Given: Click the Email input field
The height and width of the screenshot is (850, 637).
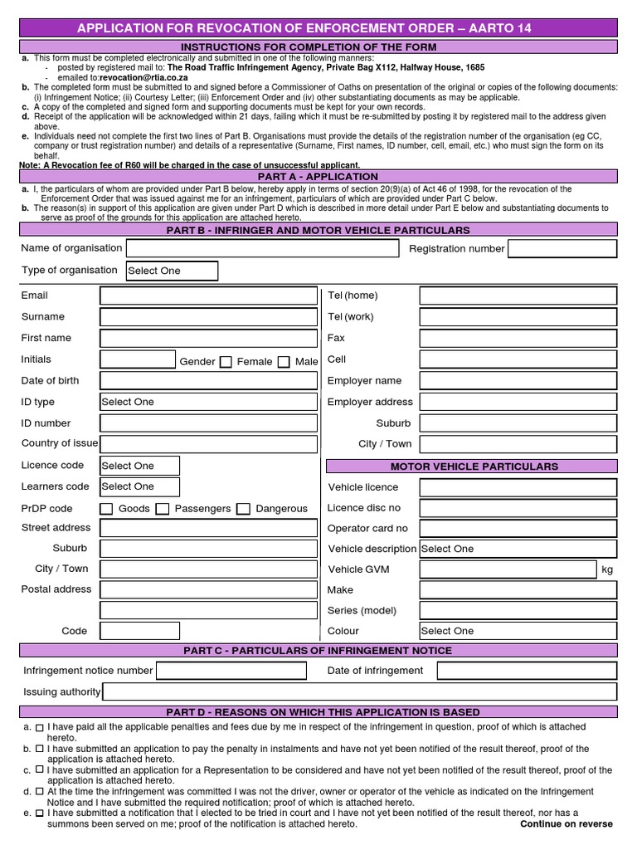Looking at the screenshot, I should pyautogui.click(x=208, y=296).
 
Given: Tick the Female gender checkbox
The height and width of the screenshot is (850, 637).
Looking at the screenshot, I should pyautogui.click(x=226, y=362).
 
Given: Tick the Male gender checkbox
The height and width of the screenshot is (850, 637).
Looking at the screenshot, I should pyautogui.click(x=284, y=362).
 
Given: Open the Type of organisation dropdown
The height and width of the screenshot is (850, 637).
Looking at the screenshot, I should pyautogui.click(x=172, y=271).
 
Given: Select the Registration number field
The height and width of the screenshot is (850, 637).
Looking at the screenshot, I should pyautogui.click(x=562, y=249).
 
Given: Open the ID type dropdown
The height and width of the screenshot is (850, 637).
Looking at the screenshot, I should pyautogui.click(x=208, y=402).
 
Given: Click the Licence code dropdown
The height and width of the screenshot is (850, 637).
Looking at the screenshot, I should pyautogui.click(x=139, y=466).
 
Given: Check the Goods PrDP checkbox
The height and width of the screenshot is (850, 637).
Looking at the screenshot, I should pyautogui.click(x=106, y=509).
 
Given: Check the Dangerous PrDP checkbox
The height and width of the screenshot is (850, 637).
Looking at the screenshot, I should pyautogui.click(x=243, y=509).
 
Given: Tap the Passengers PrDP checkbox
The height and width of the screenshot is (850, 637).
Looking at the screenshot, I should pyautogui.click(x=163, y=509).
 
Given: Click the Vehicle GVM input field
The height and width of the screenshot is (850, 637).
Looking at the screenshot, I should pyautogui.click(x=508, y=569).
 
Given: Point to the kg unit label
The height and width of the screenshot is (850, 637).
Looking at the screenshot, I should pyautogui.click(x=607, y=570).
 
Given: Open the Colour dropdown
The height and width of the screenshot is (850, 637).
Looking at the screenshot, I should pyautogui.click(x=518, y=631).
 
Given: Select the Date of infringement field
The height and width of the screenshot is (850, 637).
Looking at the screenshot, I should pyautogui.click(x=527, y=671).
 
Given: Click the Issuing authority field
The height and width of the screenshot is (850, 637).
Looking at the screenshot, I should pyautogui.click(x=359, y=692).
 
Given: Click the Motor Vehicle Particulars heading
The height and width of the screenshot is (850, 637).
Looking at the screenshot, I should pyautogui.click(x=474, y=467).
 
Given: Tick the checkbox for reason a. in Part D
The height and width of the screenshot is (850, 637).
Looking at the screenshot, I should pyautogui.click(x=39, y=728).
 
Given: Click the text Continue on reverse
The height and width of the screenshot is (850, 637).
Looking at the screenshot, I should pyautogui.click(x=566, y=824).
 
